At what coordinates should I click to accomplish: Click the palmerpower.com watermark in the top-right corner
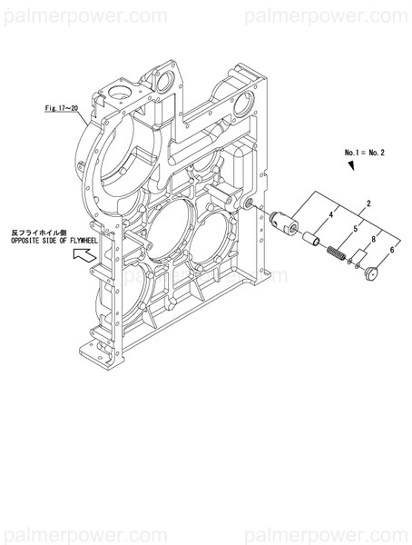point(344,15)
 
